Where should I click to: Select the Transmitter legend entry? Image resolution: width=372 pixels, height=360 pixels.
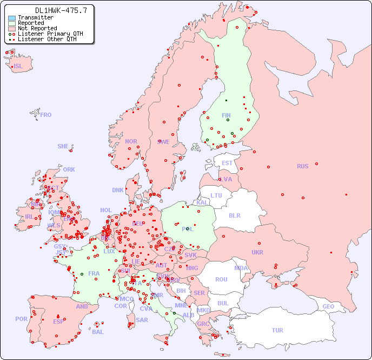(35, 17)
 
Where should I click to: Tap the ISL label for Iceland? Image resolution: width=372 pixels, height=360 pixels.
(18, 67)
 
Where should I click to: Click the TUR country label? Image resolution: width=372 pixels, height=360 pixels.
(277, 330)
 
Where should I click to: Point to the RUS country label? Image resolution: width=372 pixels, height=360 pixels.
(302, 166)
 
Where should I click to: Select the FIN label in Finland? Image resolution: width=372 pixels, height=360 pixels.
(226, 115)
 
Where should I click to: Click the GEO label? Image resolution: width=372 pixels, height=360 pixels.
(328, 306)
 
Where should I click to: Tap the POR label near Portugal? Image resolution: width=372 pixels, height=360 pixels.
(21, 319)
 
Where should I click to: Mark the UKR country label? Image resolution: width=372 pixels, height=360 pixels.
(257, 252)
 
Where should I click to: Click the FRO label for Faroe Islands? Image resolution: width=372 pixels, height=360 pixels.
(46, 115)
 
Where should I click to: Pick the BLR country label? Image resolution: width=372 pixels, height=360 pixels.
(234, 215)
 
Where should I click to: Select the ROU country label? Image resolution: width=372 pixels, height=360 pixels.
(221, 279)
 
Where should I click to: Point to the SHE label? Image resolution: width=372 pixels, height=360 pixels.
(63, 146)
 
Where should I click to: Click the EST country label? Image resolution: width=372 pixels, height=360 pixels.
(227, 163)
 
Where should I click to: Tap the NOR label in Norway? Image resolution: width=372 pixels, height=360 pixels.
(131, 141)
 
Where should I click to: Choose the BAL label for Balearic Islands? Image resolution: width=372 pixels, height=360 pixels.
(98, 332)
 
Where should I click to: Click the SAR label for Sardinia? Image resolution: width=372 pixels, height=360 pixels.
(142, 319)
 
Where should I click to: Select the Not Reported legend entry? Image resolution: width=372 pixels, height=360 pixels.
(37, 28)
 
